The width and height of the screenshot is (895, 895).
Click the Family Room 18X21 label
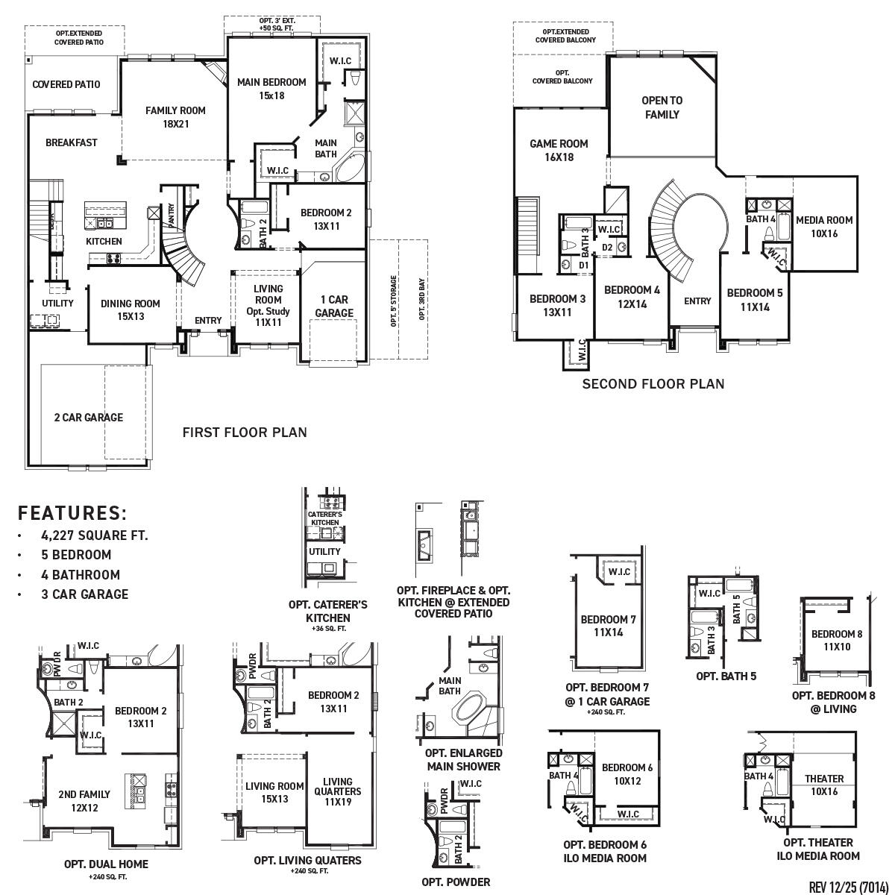(175, 117)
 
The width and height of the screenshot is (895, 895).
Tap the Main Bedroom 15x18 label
(271, 89)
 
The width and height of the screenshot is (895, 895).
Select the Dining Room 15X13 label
(131, 310)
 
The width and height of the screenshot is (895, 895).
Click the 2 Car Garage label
(88, 418)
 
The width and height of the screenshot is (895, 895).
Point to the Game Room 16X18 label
(559, 150)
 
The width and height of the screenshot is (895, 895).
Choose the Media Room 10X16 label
(823, 226)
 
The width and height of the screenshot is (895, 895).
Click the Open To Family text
(662, 107)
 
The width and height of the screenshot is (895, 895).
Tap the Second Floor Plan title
(653, 384)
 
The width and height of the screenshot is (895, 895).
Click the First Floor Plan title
(245, 432)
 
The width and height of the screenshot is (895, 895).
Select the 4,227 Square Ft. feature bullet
(95, 536)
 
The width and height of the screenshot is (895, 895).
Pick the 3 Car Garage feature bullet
(84, 594)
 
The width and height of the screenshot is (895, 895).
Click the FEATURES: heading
(72, 513)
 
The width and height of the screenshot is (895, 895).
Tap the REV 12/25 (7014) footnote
(847, 886)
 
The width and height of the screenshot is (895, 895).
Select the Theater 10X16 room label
(824, 785)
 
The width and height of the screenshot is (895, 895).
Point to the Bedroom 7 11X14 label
(609, 626)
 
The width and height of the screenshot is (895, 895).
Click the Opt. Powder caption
(456, 882)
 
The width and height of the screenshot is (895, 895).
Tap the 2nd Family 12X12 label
(84, 800)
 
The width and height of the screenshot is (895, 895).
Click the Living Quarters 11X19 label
(337, 791)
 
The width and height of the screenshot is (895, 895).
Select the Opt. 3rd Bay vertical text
(421, 299)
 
